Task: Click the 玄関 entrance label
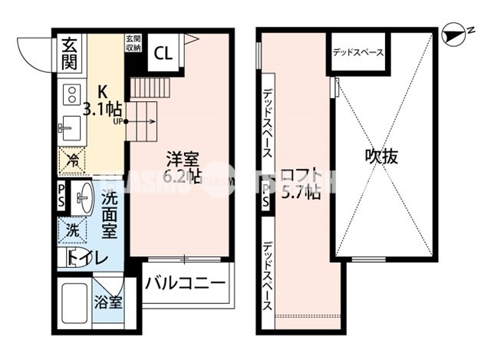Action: (x=69, y=51)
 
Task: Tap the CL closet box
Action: (x=163, y=53)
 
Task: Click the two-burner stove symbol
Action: (x=70, y=94)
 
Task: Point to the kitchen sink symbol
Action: (x=68, y=127)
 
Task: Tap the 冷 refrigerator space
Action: (x=73, y=162)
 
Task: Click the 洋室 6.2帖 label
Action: (x=184, y=167)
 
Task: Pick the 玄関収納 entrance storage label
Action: (x=133, y=42)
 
